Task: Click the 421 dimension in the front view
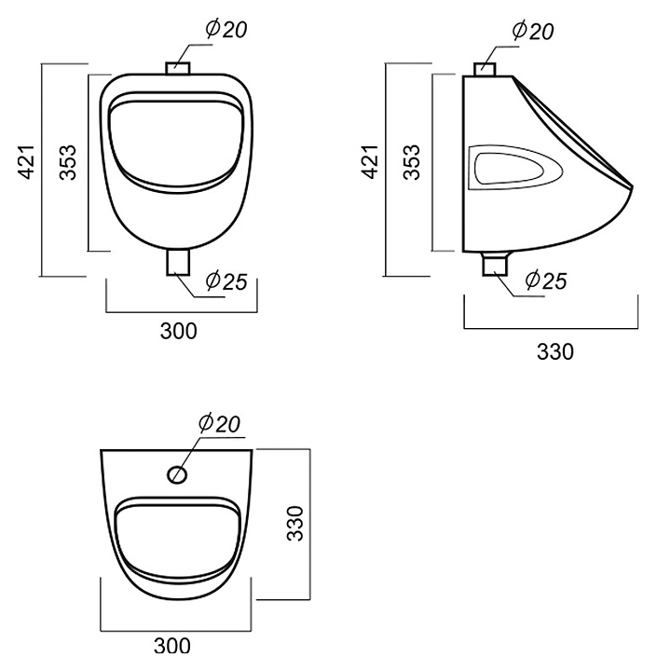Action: (26, 162)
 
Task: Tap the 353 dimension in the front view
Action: (68, 162)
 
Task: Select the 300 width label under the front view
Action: (179, 331)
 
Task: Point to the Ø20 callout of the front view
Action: (226, 29)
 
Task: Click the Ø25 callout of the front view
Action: (226, 281)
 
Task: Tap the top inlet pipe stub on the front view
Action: (178, 68)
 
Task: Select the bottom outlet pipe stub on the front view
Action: (178, 262)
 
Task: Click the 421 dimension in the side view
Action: (371, 162)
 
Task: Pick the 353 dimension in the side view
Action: (413, 162)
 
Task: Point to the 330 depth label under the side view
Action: (555, 351)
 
